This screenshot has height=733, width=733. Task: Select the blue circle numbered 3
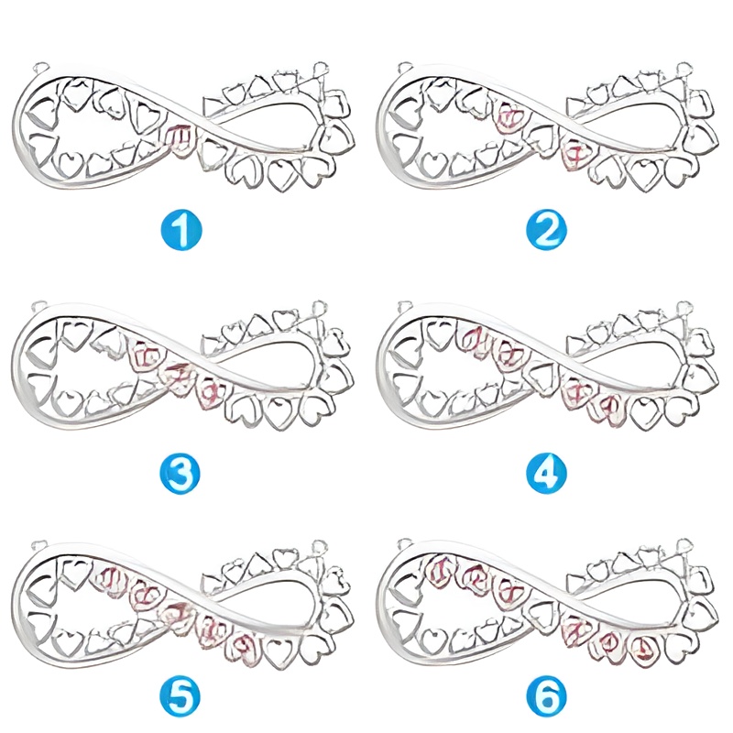tap(182, 473)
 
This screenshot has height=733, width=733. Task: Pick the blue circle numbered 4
tap(546, 473)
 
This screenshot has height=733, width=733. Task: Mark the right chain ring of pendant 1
tap(320, 68)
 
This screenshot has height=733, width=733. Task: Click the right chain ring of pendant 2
tap(684, 68)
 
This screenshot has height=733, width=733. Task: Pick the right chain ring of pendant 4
tap(684, 305)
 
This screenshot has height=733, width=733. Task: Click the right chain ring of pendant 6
tap(684, 544)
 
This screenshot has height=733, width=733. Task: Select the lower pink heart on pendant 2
tap(575, 152)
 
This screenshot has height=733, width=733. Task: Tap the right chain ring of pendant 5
tap(320, 544)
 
